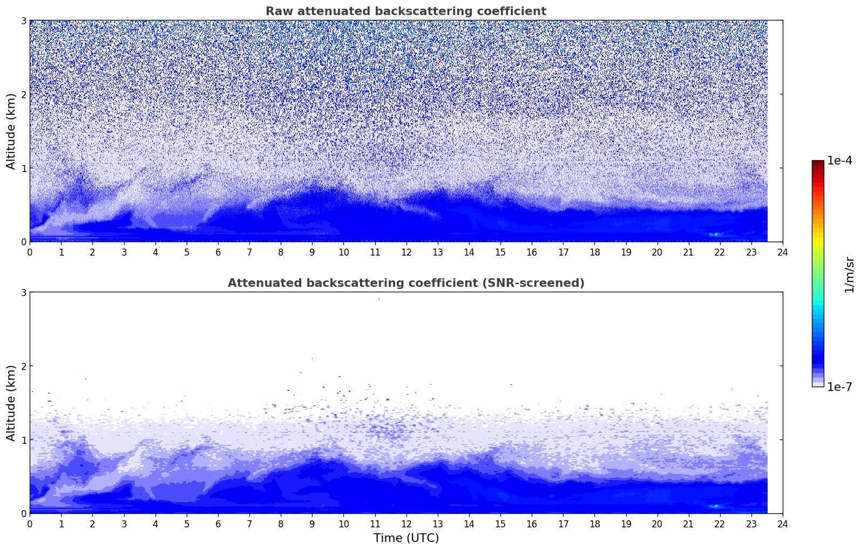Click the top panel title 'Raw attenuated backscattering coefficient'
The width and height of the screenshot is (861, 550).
[x=405, y=11]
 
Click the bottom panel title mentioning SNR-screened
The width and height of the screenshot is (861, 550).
[x=405, y=283]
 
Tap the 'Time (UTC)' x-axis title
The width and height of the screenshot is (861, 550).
[x=406, y=538]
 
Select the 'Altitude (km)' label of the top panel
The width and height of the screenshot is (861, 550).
[x=11, y=131]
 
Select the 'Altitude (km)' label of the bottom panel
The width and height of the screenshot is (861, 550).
[x=11, y=403]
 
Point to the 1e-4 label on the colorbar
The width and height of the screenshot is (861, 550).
[x=839, y=161]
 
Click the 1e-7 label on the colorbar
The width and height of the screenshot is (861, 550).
[x=839, y=387]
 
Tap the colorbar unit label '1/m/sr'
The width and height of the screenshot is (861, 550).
[x=849, y=274]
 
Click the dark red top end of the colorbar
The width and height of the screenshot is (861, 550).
[x=818, y=163]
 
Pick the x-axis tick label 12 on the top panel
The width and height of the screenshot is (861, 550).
[x=406, y=252]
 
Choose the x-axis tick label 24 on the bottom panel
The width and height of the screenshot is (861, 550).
[x=783, y=524]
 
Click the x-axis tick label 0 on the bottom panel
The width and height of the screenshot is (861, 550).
[x=30, y=524]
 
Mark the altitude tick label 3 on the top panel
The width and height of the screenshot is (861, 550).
[x=23, y=20]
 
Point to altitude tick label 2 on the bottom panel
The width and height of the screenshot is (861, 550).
[x=23, y=366]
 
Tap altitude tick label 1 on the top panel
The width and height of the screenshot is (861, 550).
[x=23, y=168]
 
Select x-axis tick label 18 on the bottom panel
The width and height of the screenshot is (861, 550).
[x=594, y=524]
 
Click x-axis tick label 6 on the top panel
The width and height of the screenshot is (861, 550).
[x=218, y=252]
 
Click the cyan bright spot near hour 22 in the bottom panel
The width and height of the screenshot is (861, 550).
[x=716, y=506]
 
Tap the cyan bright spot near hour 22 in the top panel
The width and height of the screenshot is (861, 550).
[x=716, y=234]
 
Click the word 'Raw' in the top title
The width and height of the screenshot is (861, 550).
[x=277, y=11]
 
